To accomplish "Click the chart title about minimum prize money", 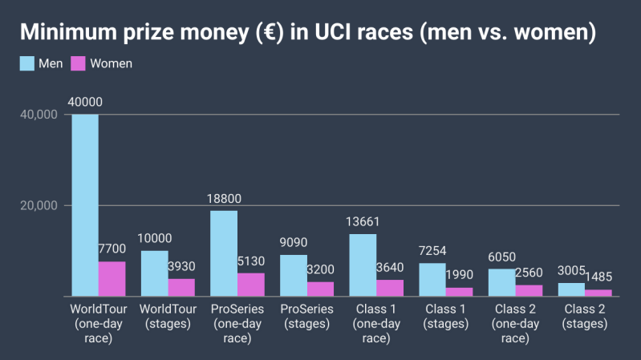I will (x=308, y=33).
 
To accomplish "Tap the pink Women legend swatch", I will (x=79, y=63).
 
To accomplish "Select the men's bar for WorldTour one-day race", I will (x=85, y=205).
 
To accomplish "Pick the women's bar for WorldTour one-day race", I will (x=112, y=279).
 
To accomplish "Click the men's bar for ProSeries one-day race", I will (x=224, y=253).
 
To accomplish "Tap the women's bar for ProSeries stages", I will (x=320, y=289).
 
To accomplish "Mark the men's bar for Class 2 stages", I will (x=571, y=289).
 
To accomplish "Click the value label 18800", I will (x=224, y=199).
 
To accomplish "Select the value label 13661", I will (x=363, y=222).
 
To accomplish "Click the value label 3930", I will (x=181, y=265).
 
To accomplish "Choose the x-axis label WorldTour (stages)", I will (x=168, y=317).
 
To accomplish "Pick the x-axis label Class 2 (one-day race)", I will (x=515, y=324).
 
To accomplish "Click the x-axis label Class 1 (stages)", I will (x=445, y=317).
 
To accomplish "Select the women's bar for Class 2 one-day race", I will (x=529, y=290).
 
